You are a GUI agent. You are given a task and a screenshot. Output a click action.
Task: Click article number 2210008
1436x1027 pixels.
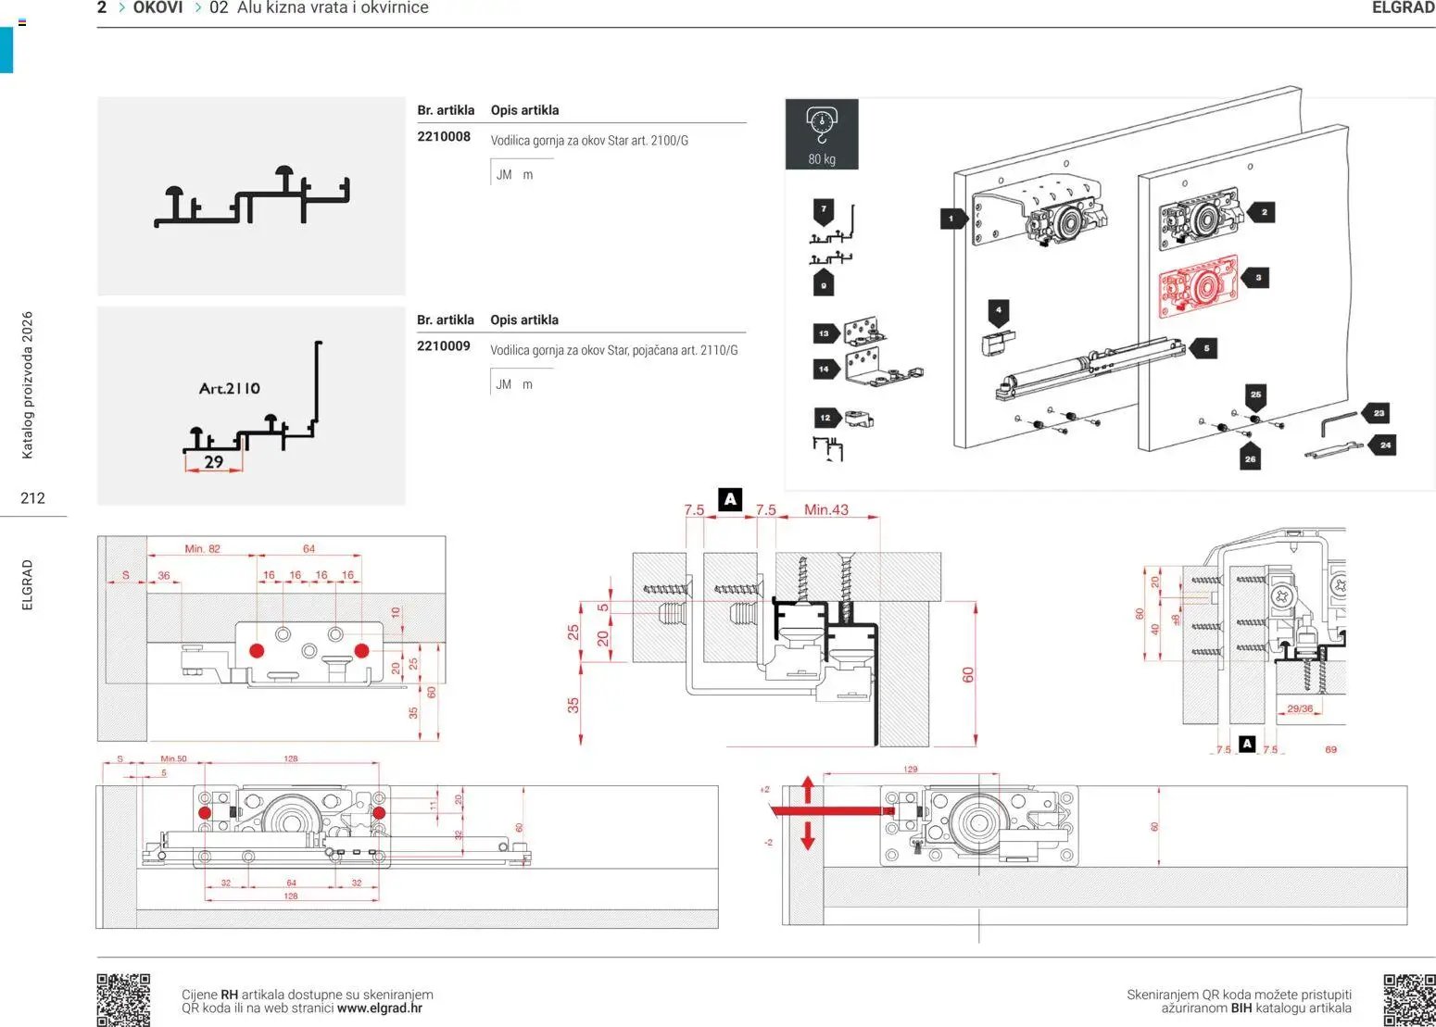coord(444,137)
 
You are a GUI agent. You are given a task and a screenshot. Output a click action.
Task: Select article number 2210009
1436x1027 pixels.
coord(444,346)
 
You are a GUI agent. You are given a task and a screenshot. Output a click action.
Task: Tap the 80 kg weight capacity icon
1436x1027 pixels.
coord(822,133)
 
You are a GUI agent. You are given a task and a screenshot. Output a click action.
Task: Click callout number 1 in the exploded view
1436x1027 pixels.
coord(951,219)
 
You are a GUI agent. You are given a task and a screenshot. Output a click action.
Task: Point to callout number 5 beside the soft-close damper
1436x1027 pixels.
coord(1205,348)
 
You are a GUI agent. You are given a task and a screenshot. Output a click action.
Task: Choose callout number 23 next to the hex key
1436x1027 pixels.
coord(1379,413)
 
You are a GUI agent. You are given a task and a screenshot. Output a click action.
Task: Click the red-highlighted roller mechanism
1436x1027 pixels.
coord(1198,287)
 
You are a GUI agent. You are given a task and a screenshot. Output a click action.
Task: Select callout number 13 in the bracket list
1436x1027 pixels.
coord(824,333)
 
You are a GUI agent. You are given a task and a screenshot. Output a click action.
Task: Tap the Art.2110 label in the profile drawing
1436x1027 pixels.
coord(230,389)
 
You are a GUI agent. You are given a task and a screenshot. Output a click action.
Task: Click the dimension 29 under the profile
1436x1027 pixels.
coord(214,461)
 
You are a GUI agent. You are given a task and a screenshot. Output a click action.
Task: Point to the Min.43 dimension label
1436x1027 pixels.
coord(825,509)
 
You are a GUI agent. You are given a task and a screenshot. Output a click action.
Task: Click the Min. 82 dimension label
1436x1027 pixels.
coord(202,548)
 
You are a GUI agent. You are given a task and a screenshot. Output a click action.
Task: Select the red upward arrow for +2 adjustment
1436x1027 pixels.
coord(807,790)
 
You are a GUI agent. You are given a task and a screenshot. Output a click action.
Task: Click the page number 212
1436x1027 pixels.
coord(32,498)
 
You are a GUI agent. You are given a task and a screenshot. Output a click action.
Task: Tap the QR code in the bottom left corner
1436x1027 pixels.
coord(123,998)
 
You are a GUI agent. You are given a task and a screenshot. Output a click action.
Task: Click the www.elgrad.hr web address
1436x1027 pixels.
coord(380,1008)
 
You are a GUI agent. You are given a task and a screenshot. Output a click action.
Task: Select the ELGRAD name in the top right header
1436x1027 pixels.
coord(1403,8)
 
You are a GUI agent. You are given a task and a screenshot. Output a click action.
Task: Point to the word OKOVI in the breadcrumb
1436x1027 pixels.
coord(157,8)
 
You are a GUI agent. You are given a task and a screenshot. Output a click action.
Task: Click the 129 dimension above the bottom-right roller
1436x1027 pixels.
coord(910,770)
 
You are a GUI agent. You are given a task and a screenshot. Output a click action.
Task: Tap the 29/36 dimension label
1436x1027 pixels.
coord(1300,708)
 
